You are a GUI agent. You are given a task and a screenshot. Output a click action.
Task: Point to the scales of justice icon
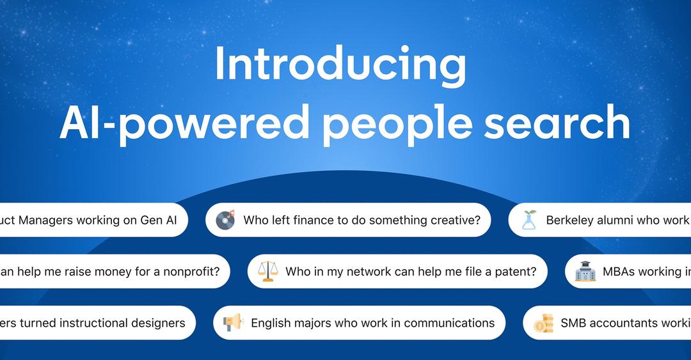point(267,271)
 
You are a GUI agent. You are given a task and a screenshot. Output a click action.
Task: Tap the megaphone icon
point(233,323)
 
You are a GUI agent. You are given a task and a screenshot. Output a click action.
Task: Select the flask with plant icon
point(529,220)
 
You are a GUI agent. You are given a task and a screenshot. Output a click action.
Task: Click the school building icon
point(585,271)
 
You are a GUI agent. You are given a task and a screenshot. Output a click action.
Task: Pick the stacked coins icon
point(543,323)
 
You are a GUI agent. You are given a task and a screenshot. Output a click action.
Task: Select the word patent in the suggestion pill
point(514,271)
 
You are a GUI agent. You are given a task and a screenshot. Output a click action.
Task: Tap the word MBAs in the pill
point(618,271)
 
